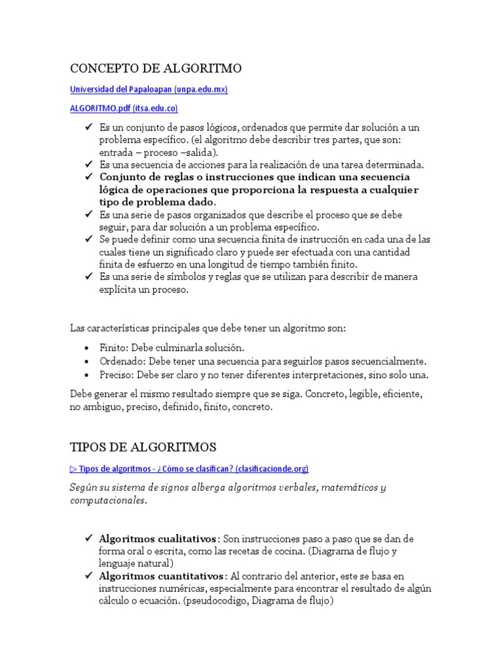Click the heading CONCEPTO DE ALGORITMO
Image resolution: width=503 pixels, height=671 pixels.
pyautogui.click(x=156, y=68)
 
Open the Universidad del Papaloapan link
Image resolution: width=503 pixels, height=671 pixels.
pyautogui.click(x=149, y=89)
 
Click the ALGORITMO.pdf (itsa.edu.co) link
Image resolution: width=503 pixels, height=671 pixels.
pyautogui.click(x=124, y=108)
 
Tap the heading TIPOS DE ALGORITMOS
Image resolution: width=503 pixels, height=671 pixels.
pyautogui.click(x=143, y=448)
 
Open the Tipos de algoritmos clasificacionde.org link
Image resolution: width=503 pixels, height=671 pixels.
pyautogui.click(x=189, y=469)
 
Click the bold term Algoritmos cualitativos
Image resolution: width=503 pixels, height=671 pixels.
pyautogui.click(x=157, y=539)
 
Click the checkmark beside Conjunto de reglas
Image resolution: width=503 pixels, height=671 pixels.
pyautogui.click(x=88, y=177)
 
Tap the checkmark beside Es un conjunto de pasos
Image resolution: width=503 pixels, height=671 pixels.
pyautogui.click(x=88, y=127)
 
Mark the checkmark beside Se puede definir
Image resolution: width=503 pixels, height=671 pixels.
pyautogui.click(x=88, y=239)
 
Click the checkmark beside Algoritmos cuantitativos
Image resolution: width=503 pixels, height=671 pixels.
pyautogui.click(x=88, y=576)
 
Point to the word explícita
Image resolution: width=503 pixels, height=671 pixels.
pyautogui.click(x=119, y=290)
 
